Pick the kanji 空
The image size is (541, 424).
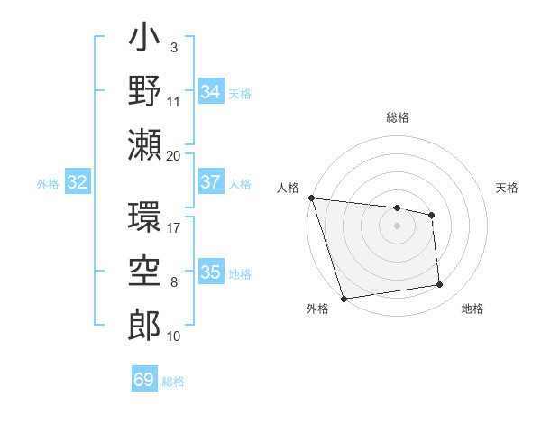coord(144,271)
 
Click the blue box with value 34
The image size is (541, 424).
coord(211,92)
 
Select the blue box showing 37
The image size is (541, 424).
coord(211,182)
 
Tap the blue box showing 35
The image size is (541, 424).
coord(211,272)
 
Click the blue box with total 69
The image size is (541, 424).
coord(144,380)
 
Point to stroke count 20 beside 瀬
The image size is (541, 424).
coord(174,154)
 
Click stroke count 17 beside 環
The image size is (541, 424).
coord(174,227)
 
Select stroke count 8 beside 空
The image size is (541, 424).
coord(174,284)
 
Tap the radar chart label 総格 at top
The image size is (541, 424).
coord(398,117)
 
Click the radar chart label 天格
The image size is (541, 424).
coord(508,188)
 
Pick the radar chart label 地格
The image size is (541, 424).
coord(472,309)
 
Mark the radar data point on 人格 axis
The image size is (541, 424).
coord(311,198)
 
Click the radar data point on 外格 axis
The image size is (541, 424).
coord(344,299)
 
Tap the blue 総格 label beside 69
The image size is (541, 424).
coord(173,382)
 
